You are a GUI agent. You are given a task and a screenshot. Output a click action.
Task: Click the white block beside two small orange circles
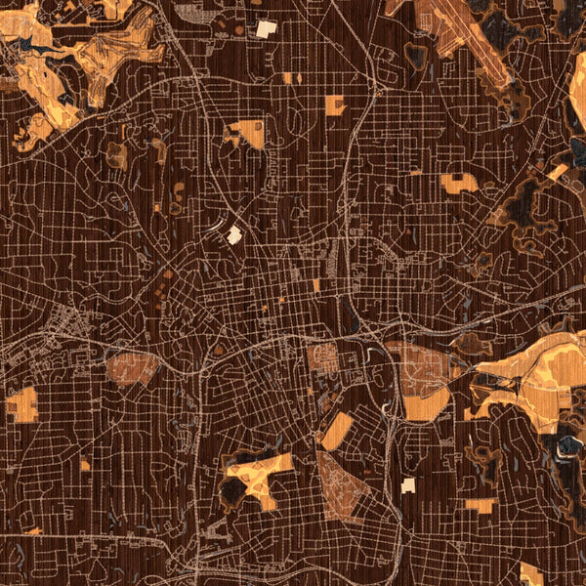[x=266, y=29]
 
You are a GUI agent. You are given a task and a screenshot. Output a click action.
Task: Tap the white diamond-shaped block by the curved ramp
[x=233, y=234]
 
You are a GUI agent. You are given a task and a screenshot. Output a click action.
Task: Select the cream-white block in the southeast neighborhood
[x=408, y=485]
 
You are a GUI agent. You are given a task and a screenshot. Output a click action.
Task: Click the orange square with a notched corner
[x=335, y=105]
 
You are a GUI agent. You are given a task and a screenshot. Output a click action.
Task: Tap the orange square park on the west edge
[x=21, y=404]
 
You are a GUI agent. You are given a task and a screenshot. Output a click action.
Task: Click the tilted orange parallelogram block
[x=336, y=432]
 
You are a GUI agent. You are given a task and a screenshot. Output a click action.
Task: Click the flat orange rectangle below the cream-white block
[x=480, y=505]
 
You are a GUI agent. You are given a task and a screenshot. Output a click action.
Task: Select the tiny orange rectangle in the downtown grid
[x=316, y=285]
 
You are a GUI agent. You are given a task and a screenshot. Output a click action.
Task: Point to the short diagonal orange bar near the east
[x=557, y=173]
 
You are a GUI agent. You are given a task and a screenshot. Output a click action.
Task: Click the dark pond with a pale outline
[x=565, y=446]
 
